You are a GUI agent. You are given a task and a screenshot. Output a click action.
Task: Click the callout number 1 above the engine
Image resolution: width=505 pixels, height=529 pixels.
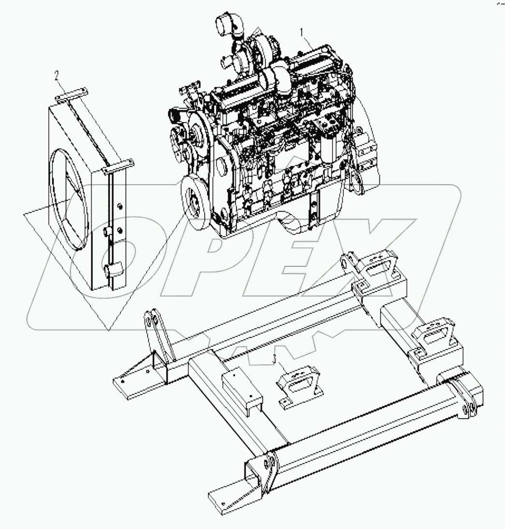click(x=303, y=33)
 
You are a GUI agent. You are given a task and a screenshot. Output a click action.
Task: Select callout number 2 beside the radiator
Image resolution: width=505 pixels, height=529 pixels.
click(x=57, y=75)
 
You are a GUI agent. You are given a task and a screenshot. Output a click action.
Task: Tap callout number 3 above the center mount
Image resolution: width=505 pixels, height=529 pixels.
click(x=275, y=358)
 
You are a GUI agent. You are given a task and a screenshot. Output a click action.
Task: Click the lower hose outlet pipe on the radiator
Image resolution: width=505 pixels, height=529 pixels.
click(x=112, y=270)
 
